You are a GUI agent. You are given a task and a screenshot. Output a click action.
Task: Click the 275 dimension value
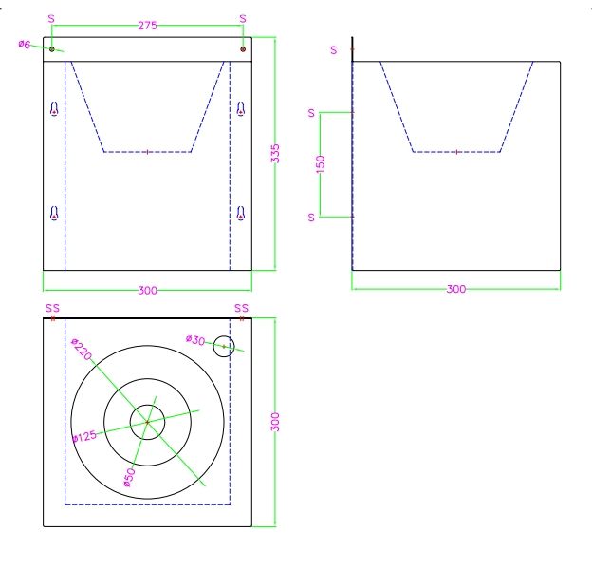(147, 26)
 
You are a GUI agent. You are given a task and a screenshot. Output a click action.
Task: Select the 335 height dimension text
(275, 154)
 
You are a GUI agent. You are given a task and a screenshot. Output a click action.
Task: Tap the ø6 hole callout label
(24, 45)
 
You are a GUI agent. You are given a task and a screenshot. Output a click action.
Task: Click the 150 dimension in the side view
(320, 164)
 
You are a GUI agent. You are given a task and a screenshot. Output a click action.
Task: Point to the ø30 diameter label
(195, 340)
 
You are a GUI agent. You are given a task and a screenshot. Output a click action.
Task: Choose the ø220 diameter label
(82, 350)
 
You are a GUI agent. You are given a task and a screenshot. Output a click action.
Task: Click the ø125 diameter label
(84, 437)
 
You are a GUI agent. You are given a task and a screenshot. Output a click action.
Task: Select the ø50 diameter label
(129, 478)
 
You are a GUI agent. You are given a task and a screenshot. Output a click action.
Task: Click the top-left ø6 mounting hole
(52, 49)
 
